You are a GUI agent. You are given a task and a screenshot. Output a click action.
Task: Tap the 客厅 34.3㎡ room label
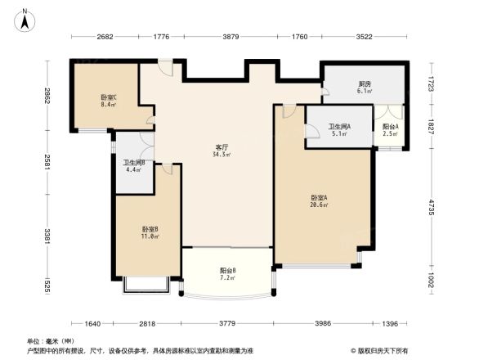click(221, 151)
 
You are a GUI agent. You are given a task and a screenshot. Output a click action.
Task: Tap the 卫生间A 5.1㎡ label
click(339, 130)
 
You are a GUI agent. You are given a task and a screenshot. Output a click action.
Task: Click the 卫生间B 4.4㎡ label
click(134, 167)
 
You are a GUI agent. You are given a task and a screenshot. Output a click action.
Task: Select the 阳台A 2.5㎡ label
click(391, 130)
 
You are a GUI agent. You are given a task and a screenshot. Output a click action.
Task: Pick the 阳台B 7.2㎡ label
click(228, 274)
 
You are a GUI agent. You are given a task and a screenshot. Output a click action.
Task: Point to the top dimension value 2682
click(105, 36)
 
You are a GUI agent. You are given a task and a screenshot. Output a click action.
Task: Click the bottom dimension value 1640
click(92, 324)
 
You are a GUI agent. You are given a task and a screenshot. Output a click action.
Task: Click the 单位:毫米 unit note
click(47, 341)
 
